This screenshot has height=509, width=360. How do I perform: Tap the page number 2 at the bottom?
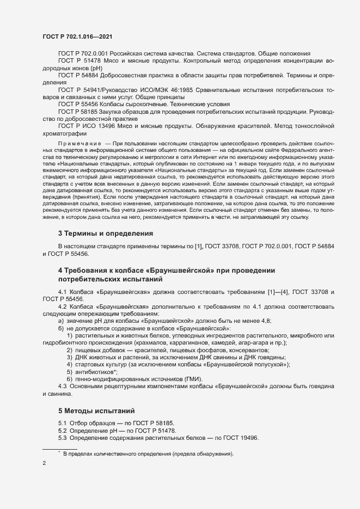[44, 463]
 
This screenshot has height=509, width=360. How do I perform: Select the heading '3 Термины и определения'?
[105, 234]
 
